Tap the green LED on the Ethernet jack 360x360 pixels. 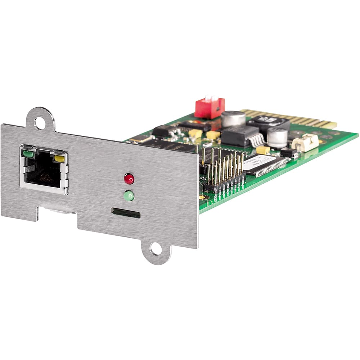(28, 154)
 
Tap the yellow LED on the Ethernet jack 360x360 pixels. (59, 158)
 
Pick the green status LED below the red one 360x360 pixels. (129, 196)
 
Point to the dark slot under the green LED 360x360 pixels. (126, 213)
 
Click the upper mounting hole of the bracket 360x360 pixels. (40, 123)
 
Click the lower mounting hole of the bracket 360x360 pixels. (156, 249)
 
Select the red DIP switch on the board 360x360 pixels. (210, 107)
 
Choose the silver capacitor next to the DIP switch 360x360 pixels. (233, 118)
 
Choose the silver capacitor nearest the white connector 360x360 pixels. (277, 137)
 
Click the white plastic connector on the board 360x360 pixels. (305, 143)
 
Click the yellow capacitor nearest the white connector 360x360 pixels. (263, 150)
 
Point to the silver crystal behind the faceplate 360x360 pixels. (142, 139)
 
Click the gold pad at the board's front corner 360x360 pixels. (202, 197)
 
